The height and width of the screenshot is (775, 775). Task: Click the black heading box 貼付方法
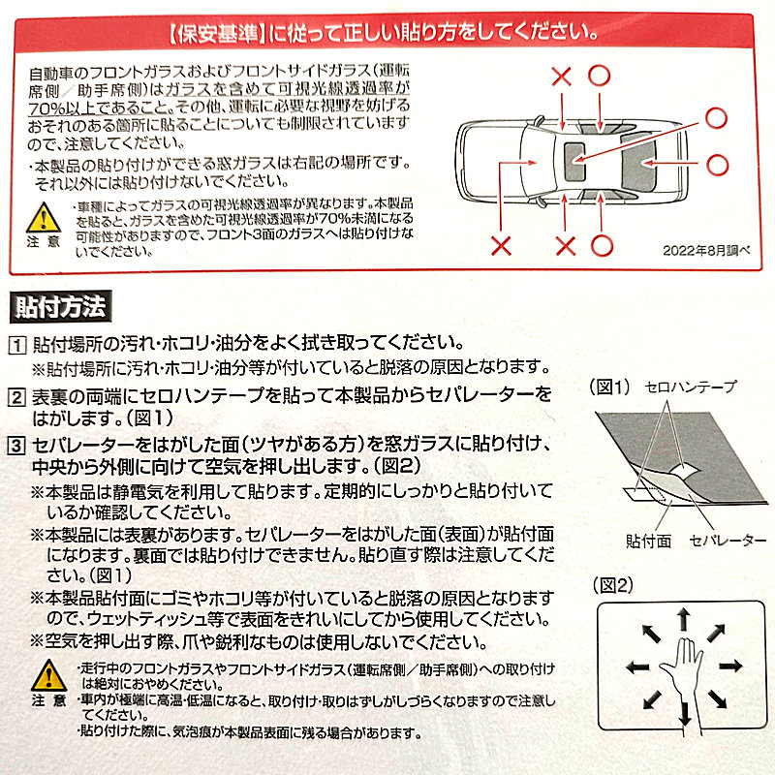coord(60,307)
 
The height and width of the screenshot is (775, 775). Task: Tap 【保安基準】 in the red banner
coord(217,34)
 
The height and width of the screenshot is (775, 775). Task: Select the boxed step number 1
coord(16,345)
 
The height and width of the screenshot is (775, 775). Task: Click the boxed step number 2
coord(16,397)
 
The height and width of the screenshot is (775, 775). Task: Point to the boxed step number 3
coord(16,446)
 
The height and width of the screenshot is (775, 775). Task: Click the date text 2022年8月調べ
coord(706,251)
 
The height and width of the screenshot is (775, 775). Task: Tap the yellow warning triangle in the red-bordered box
coord(44,218)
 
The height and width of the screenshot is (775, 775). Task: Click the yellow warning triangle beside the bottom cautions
coord(49,675)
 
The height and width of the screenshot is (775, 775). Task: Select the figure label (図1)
coord(610,387)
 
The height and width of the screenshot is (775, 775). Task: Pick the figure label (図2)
coord(613,585)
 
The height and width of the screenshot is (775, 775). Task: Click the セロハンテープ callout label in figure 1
coord(690,387)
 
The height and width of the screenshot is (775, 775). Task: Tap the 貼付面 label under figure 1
coord(648,541)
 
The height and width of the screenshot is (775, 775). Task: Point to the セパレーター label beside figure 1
coord(728,541)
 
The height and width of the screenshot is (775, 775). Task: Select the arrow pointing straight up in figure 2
coord(684,619)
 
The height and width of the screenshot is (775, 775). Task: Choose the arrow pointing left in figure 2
coord(637,667)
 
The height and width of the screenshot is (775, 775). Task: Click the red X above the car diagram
coord(562,77)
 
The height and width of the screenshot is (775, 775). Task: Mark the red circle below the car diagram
coord(602,246)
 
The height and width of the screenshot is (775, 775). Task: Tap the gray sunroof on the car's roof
coord(574,162)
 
